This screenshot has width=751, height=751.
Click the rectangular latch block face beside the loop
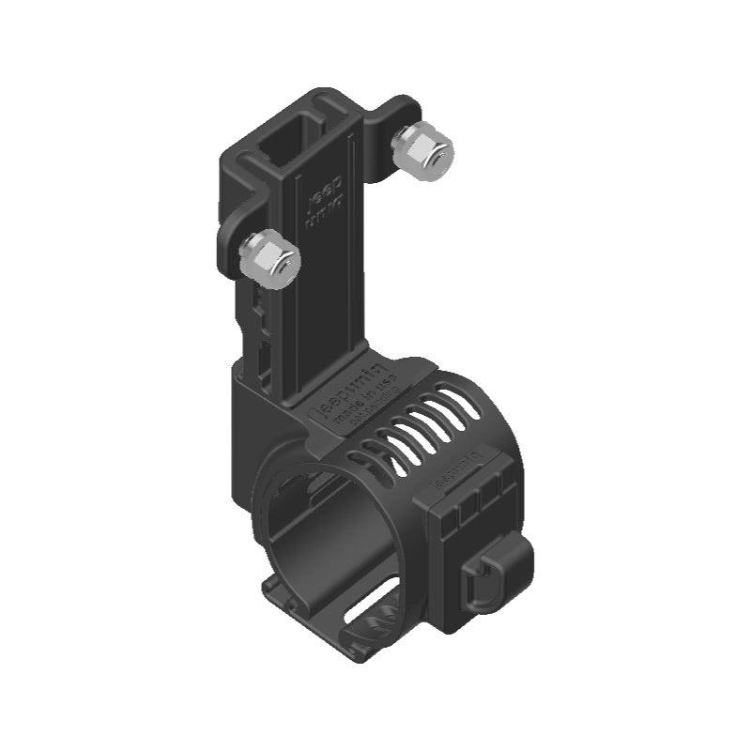[x=460, y=554]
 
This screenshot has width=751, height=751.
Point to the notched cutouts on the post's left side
[x=258, y=319]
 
